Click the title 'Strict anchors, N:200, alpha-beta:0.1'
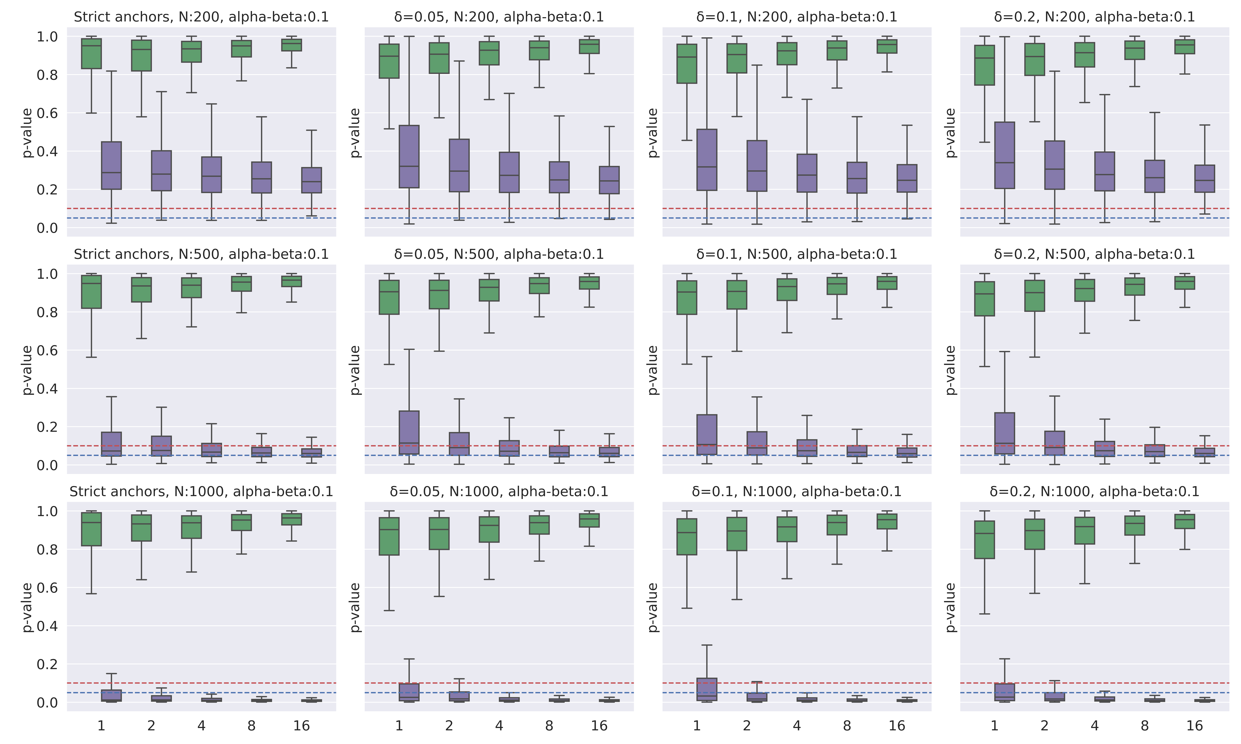click(201, 17)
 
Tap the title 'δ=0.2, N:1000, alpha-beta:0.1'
click(1095, 492)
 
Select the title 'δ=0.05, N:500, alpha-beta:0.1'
click(499, 254)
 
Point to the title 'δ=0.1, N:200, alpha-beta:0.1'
click(797, 17)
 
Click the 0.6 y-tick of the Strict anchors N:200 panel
click(48, 113)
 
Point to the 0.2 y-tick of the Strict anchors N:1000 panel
click(48, 664)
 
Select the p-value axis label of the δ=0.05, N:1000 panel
click(355, 607)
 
